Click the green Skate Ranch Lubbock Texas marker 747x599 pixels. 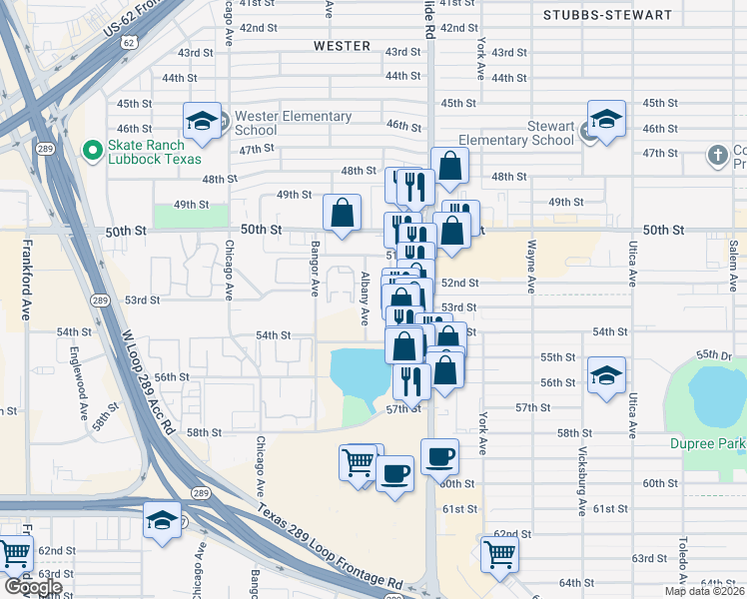[93, 151]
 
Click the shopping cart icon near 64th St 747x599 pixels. [499, 554]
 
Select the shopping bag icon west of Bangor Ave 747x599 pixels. [342, 213]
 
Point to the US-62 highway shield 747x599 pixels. [129, 45]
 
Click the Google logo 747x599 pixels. [33, 587]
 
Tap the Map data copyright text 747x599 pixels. [704, 591]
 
